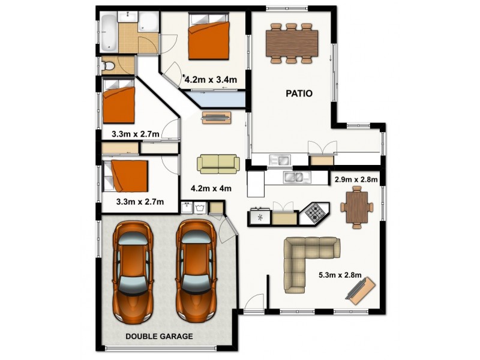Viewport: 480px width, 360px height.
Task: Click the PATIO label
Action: tap(298, 94)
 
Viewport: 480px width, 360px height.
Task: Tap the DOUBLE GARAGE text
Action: tap(159, 336)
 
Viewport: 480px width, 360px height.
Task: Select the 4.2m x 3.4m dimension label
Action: tap(211, 79)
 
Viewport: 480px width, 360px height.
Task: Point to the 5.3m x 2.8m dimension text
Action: tap(340, 275)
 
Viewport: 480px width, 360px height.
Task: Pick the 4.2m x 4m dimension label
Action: tap(211, 188)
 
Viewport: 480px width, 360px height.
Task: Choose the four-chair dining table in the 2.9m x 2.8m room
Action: tap(357, 207)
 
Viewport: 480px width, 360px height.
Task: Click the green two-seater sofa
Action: tap(218, 163)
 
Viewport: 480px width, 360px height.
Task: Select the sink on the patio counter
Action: tap(280, 160)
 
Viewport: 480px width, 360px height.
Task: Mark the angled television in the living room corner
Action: tap(361, 292)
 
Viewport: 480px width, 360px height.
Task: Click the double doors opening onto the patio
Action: tap(322, 148)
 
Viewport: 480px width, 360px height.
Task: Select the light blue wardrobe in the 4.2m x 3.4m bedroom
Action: tap(216, 98)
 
